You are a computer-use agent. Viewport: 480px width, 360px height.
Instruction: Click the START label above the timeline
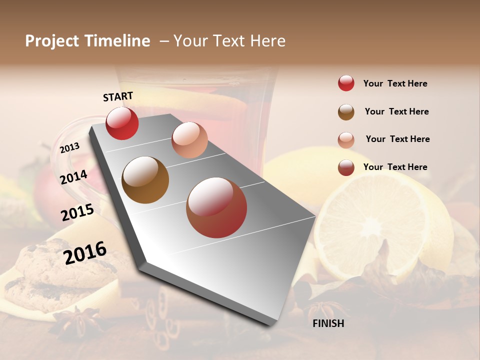coord(118,96)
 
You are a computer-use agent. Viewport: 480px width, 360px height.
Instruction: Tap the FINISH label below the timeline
coord(328,323)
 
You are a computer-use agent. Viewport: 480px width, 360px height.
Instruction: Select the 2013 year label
coord(69,148)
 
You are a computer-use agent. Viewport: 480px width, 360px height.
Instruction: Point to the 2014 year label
coord(74,177)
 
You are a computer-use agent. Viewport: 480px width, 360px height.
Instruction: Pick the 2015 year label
coord(77,212)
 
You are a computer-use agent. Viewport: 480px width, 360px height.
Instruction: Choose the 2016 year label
coord(85,252)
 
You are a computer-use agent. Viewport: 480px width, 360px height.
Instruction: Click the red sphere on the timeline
coord(122,123)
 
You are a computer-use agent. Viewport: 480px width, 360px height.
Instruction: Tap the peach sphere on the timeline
coord(189,139)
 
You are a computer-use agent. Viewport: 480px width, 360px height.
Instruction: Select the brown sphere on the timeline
coord(145,180)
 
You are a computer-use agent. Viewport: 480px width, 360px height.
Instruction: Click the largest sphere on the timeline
coord(216,207)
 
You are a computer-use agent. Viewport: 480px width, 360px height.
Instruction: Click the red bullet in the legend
coord(346,83)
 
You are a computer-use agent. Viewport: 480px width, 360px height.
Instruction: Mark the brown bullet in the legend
coord(346,112)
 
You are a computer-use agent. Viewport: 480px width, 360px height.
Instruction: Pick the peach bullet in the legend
coord(346,140)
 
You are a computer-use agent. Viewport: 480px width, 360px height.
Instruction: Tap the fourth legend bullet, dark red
coord(346,167)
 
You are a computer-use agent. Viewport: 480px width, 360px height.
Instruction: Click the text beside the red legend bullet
coord(395,83)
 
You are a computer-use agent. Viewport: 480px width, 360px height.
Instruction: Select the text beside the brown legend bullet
coord(396,111)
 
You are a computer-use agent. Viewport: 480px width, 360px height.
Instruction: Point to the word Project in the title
coord(52,41)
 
